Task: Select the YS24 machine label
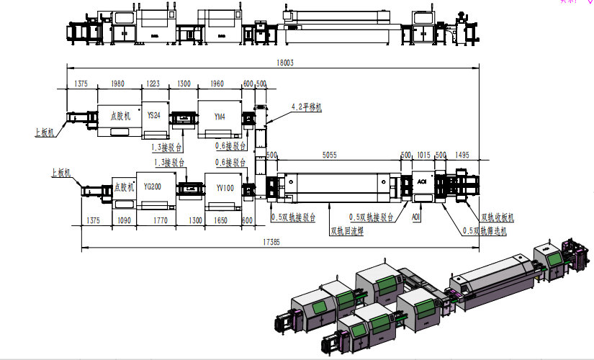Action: coord(154,115)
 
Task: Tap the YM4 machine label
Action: coord(220,115)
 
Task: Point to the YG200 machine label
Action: coord(152,186)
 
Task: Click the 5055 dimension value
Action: coord(329,156)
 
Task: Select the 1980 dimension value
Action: coord(118,84)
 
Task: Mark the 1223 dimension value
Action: coord(153,84)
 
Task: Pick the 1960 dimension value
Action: coord(217,84)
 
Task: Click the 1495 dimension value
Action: coord(462,156)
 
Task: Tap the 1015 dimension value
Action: coord(423,156)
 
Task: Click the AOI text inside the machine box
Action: coord(423,183)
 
